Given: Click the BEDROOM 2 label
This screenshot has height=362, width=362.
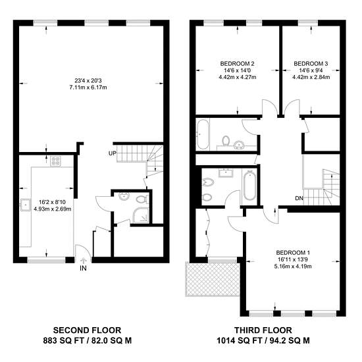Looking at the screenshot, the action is (x=238, y=63).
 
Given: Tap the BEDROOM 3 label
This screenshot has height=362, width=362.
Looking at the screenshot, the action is (x=311, y=63).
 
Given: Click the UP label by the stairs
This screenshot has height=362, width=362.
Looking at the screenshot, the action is (x=113, y=153).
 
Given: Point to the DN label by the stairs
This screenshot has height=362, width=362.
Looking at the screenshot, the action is (x=299, y=198).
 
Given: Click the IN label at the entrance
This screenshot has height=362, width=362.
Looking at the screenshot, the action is (x=83, y=269).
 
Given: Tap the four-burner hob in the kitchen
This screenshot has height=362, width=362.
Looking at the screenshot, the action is (x=56, y=161).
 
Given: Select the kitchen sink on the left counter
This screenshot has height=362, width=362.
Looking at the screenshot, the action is (x=26, y=205).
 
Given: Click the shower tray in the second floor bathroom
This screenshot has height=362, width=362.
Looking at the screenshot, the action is (x=141, y=215).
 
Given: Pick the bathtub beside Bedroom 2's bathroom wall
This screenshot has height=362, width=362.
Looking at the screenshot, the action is (x=203, y=134).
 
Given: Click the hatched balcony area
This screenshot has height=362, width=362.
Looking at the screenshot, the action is (x=213, y=279).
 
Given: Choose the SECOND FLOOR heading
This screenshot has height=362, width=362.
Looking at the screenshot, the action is (x=87, y=330).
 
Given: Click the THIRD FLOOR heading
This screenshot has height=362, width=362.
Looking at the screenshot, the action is (x=263, y=330).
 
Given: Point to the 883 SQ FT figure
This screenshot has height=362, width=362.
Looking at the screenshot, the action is (x=63, y=340).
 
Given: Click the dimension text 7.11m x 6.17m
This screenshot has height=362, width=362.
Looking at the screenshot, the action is (x=88, y=88).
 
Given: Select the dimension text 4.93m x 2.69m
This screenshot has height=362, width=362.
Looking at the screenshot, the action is (x=53, y=209).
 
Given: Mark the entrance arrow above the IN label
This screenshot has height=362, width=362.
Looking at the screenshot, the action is (x=83, y=261).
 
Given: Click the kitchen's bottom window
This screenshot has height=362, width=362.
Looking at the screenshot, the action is (x=47, y=260).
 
